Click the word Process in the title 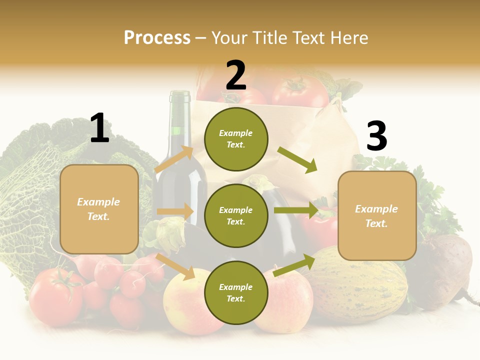point(157,37)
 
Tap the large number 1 point(99,128)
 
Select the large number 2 point(236,75)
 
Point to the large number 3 point(376,136)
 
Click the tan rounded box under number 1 point(99,209)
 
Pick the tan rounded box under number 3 point(377,216)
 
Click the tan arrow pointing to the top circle point(174,159)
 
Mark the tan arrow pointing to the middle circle point(175,211)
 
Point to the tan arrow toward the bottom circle point(175,266)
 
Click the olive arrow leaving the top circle point(297,159)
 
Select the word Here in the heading point(348,37)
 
